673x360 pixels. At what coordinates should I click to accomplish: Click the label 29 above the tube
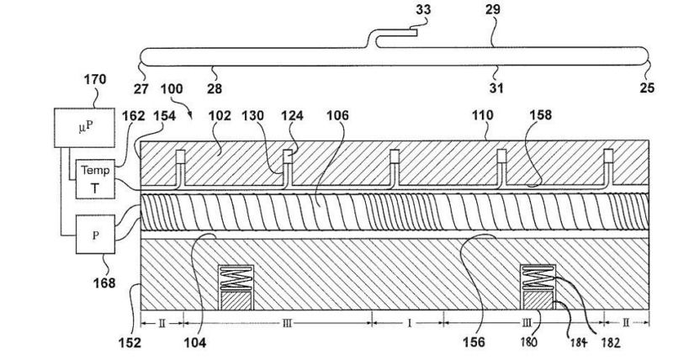click(492, 10)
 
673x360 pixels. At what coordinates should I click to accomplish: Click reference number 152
click(129, 342)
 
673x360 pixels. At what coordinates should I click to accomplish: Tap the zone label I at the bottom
click(409, 321)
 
